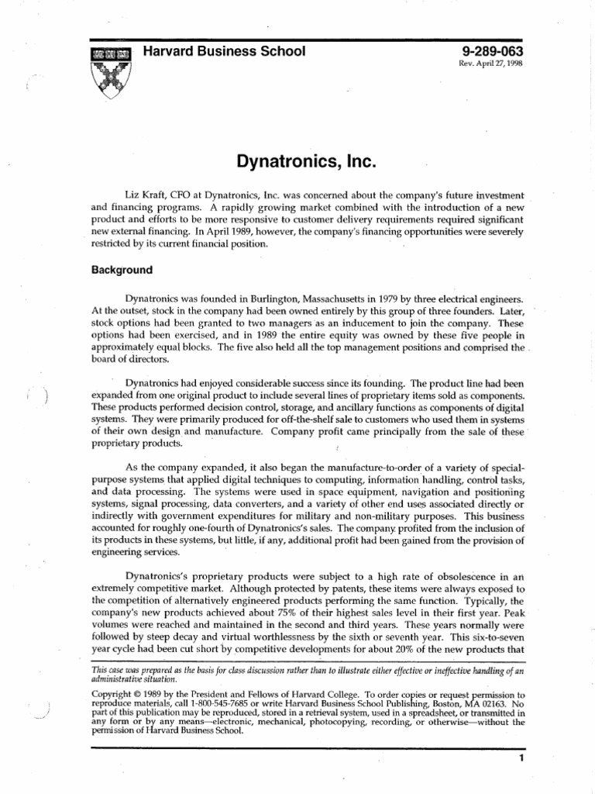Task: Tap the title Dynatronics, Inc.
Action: point(297,163)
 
